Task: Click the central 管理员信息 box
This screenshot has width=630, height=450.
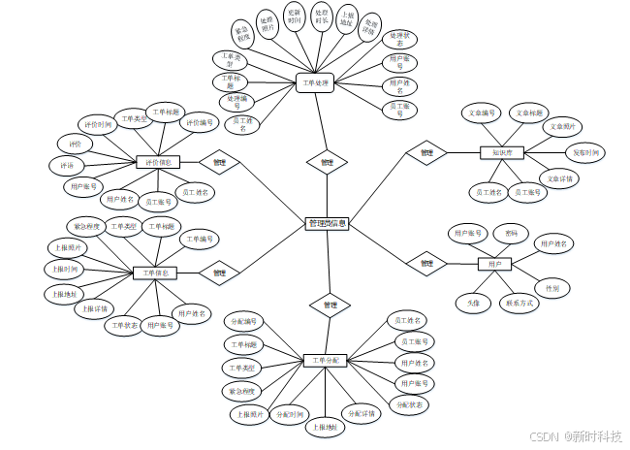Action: (x=328, y=223)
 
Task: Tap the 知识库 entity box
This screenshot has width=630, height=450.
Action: (x=501, y=152)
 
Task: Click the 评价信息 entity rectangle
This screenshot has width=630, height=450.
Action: (x=156, y=162)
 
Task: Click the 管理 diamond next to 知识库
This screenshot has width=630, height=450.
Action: (x=426, y=152)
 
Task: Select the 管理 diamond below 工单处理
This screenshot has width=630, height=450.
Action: (x=327, y=162)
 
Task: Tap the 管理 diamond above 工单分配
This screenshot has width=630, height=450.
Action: (x=330, y=305)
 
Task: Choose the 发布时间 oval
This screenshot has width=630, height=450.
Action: (x=585, y=152)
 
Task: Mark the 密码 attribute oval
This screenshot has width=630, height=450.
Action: (x=511, y=234)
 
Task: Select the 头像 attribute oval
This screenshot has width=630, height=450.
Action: (x=473, y=304)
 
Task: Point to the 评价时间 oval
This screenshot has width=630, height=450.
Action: (x=101, y=125)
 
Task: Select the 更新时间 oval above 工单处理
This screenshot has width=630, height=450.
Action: (x=295, y=16)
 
